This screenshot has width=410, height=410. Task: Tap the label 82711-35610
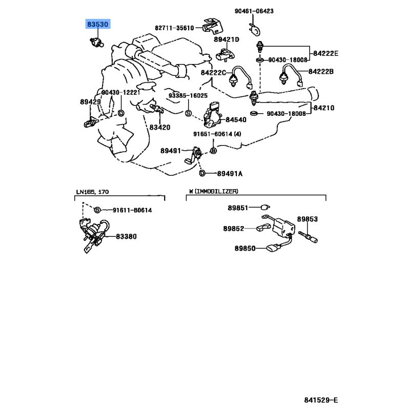[x=174, y=28]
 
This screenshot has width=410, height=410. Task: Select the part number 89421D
[x=227, y=39]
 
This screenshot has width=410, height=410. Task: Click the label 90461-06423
[x=269, y=10]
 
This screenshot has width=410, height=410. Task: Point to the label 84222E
[x=326, y=53]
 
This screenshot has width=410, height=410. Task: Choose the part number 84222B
[x=321, y=72]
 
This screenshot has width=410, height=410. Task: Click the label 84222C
[x=213, y=72]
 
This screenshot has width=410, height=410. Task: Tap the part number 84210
[x=324, y=108]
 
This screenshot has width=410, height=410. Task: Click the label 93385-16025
[x=188, y=96]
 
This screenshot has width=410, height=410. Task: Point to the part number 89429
[x=90, y=102]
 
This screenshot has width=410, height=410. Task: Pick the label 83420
[x=160, y=127]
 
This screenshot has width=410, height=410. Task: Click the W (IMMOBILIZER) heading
[x=213, y=191]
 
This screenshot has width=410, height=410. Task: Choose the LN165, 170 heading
[x=93, y=192]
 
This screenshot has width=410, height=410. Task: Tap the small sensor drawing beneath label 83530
[x=95, y=40]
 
